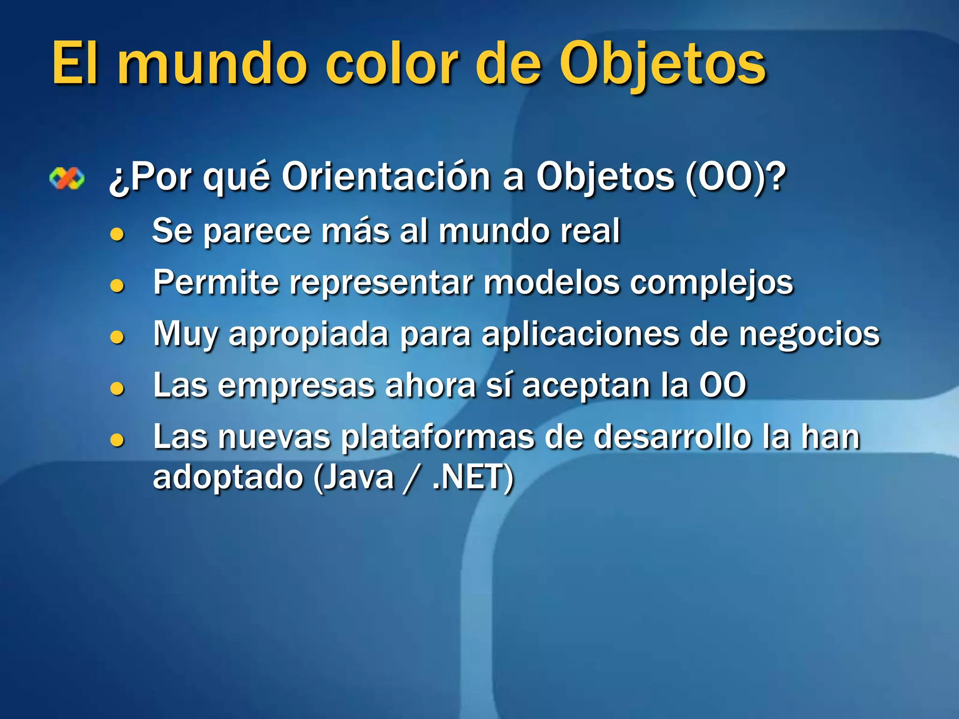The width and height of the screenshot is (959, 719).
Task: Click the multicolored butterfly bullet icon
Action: coord(67,178)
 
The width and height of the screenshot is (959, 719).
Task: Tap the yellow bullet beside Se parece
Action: coord(117,234)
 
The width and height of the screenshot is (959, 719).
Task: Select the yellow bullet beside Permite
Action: coord(117,285)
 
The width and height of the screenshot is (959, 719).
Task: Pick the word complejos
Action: coord(711,283)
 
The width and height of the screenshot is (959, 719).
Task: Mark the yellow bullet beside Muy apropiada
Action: coord(117,337)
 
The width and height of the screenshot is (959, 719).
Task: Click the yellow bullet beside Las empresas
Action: coord(117,388)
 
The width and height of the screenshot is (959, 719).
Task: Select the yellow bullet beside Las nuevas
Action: coord(117,440)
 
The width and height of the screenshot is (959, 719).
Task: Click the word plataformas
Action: coord(437,437)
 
